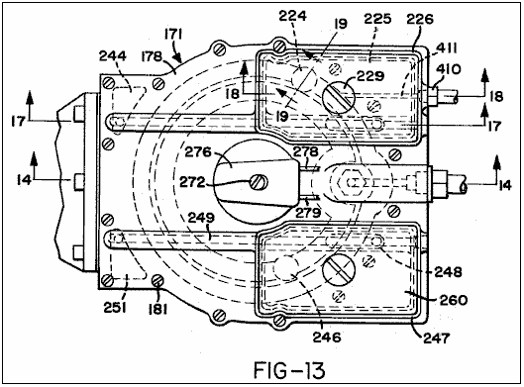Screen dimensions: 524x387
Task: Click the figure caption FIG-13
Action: [x=289, y=370]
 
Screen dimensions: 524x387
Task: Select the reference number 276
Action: [x=198, y=152]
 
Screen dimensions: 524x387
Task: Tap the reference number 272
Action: [x=192, y=182]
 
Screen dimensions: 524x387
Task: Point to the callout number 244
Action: [x=113, y=55]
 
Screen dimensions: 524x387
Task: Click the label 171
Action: [x=173, y=35]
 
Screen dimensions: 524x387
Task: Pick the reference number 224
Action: [x=293, y=16]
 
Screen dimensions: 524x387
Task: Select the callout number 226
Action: [x=420, y=19]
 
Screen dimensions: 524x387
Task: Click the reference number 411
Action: [x=447, y=48]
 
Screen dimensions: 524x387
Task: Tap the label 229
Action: [x=370, y=76]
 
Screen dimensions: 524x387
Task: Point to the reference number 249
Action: [x=201, y=218]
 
